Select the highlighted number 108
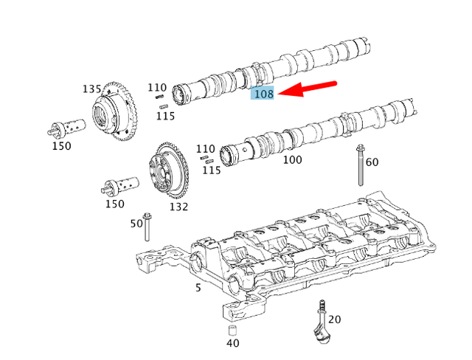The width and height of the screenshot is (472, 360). pos(263,94)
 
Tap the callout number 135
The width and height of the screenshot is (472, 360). pos(91,89)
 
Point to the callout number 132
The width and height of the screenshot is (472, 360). pos(178,207)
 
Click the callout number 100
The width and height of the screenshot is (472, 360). pos(292,159)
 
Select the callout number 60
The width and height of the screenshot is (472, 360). pos(372,162)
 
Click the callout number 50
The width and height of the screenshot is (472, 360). pos(136,223)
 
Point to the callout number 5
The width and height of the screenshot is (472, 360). pos(198,287)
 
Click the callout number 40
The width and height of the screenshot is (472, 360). pos(232,342)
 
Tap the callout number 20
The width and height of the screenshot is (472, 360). pos(335,319)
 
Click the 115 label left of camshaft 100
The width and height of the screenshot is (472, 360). pos(212,170)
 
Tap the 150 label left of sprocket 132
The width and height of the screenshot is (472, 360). pos(114,204)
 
